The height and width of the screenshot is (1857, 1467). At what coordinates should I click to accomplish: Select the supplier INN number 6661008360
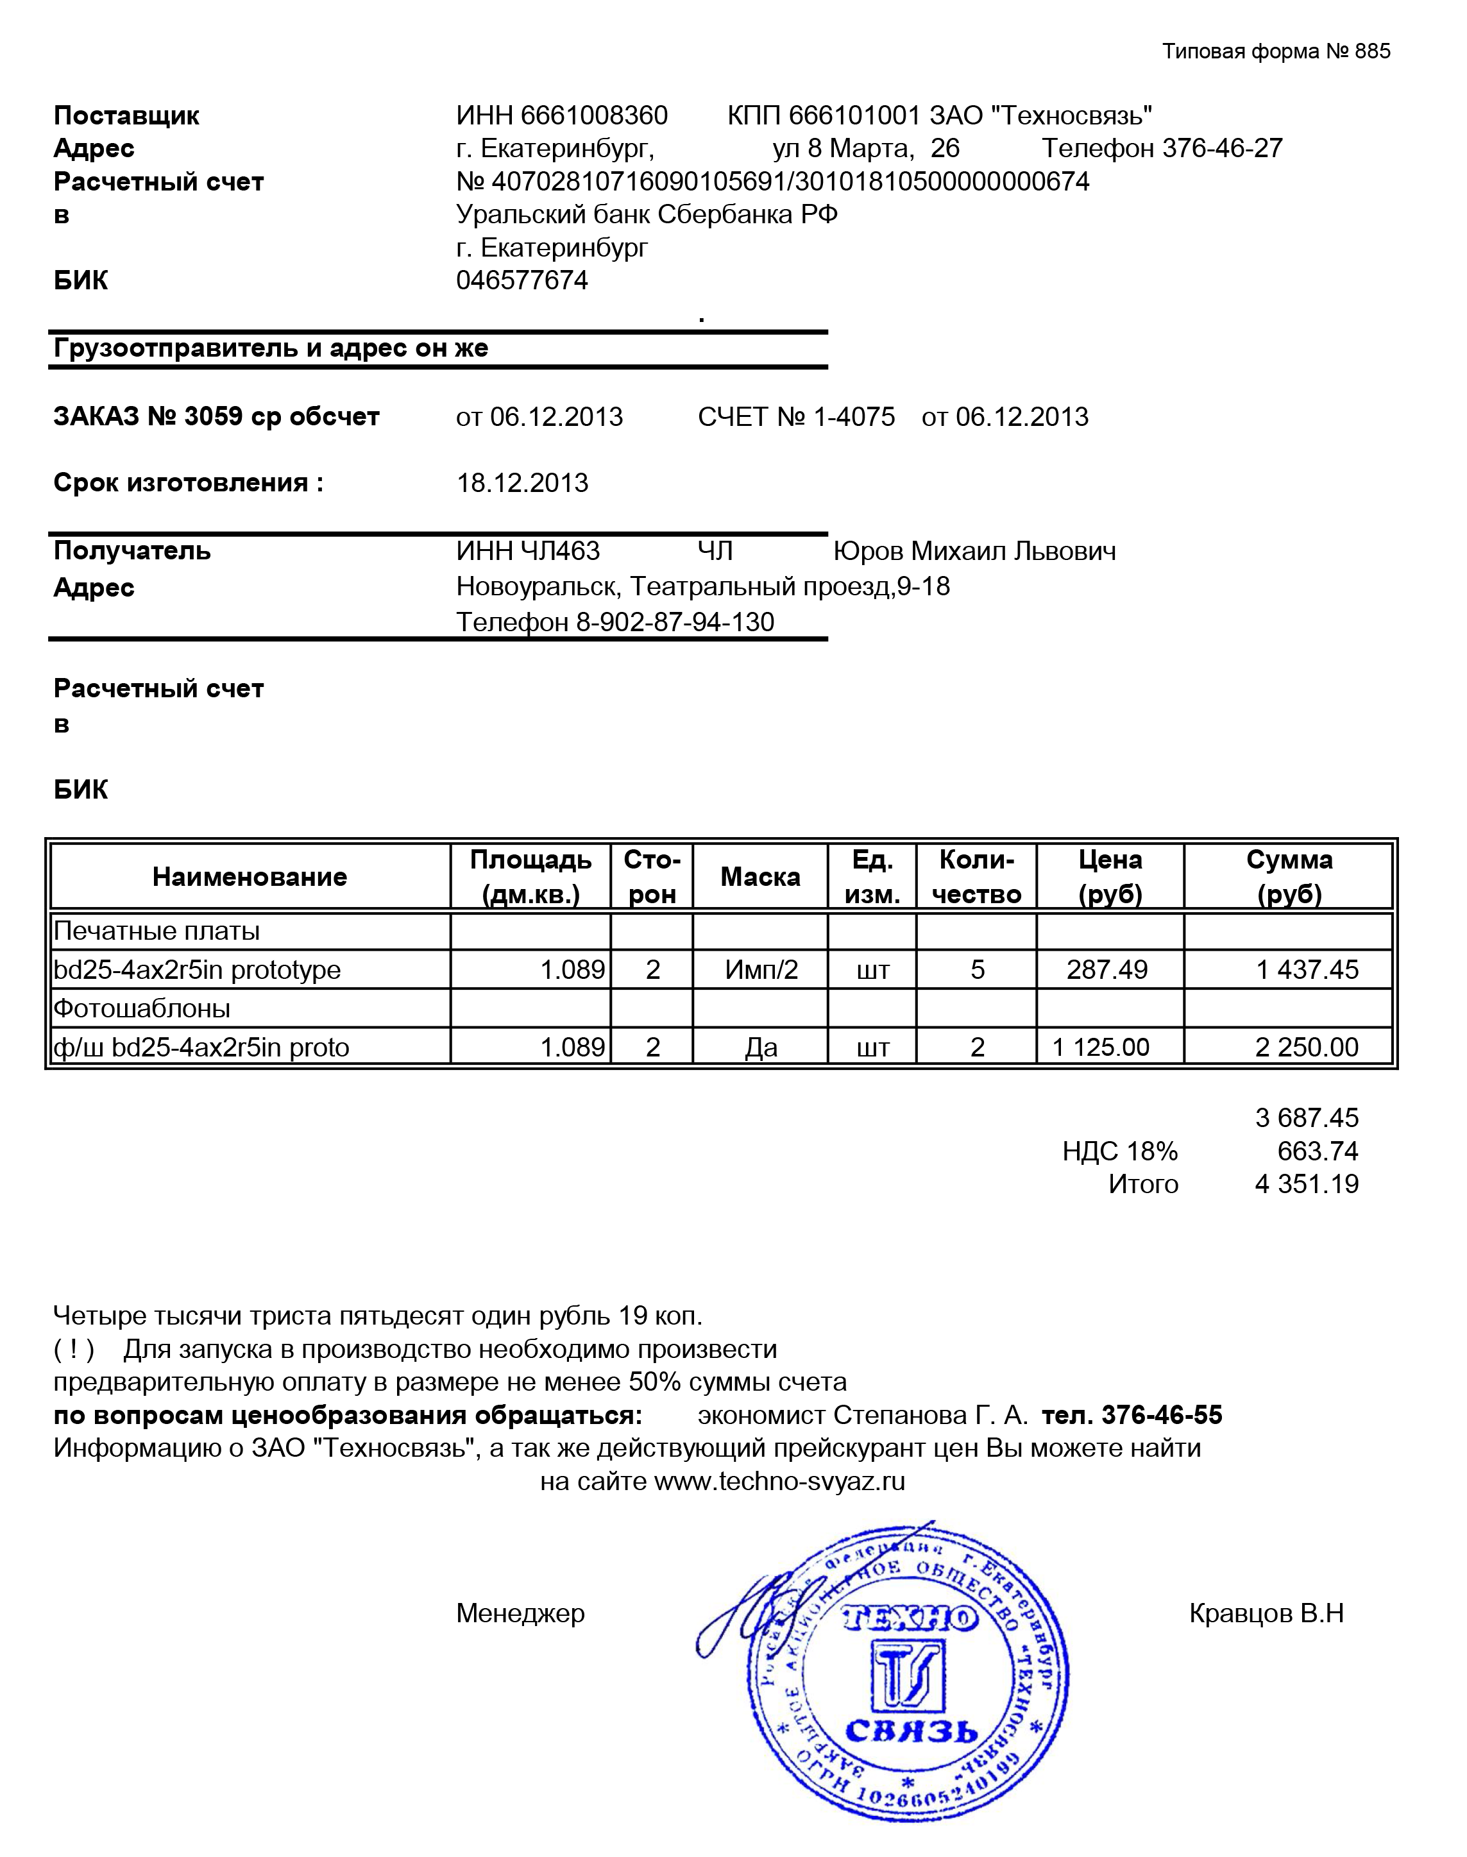pyautogui.click(x=595, y=115)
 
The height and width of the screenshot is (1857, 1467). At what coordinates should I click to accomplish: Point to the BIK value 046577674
pyautogui.click(x=522, y=281)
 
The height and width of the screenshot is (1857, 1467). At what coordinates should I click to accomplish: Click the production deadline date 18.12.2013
pyautogui.click(x=522, y=483)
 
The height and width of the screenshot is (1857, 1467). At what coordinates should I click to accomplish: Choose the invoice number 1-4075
pyautogui.click(x=854, y=418)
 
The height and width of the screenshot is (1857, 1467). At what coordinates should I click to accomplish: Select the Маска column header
pyautogui.click(x=760, y=877)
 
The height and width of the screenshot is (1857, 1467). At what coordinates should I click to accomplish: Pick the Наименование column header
pyautogui.click(x=250, y=877)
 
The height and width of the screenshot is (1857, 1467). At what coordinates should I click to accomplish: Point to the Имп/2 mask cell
pyautogui.click(x=761, y=970)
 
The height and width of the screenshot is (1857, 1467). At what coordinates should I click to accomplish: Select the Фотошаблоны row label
pyautogui.click(x=142, y=1008)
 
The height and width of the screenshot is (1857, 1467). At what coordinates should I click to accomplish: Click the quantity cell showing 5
pyautogui.click(x=978, y=970)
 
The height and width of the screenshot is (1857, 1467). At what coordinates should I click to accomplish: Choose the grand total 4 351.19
pyautogui.click(x=1307, y=1185)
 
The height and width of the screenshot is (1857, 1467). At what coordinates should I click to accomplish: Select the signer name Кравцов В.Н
pyautogui.click(x=1266, y=1614)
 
